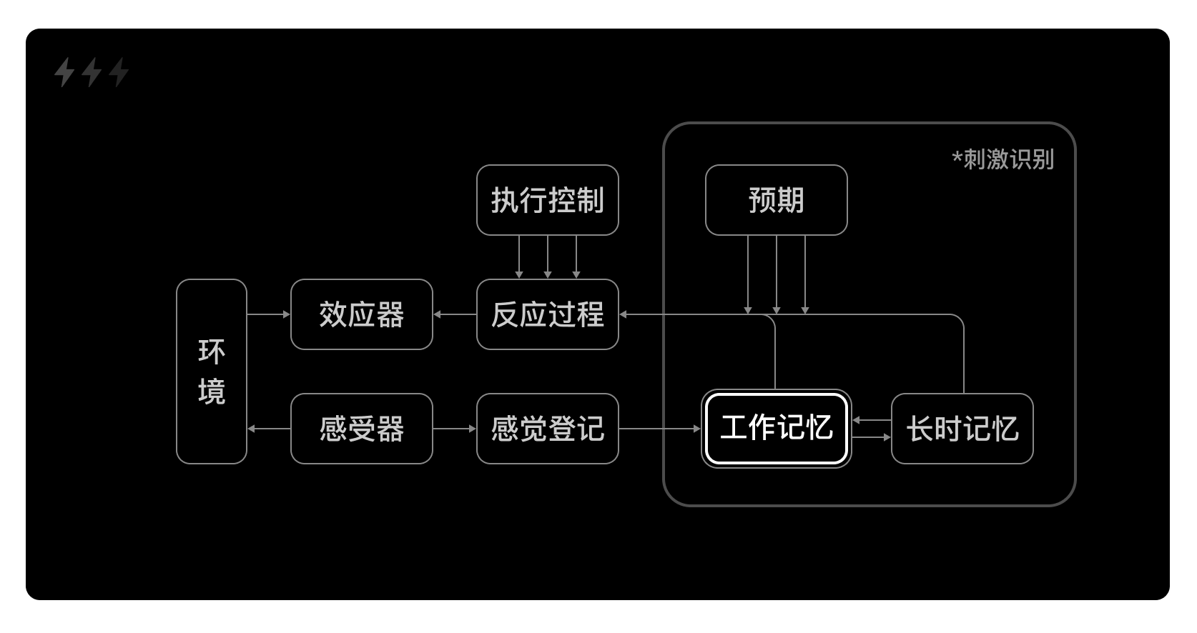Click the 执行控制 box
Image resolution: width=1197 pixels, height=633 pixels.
click(x=547, y=200)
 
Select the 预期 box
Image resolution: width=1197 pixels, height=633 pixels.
click(x=776, y=200)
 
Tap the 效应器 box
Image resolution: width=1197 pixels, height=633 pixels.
click(x=361, y=314)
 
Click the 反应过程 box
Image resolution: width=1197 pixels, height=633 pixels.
click(x=547, y=314)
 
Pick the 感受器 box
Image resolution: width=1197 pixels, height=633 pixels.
click(x=361, y=429)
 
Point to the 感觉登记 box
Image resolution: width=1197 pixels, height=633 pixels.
click(x=547, y=429)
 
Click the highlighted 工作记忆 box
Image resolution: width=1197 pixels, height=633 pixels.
click(x=776, y=429)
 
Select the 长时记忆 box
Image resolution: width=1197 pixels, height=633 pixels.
click(x=962, y=429)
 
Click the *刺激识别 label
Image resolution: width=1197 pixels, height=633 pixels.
click(x=1003, y=159)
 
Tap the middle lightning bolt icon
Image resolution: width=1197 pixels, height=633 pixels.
click(x=92, y=72)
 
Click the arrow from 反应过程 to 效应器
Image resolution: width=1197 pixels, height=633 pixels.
click(x=455, y=314)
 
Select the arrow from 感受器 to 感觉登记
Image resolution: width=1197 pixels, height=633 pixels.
click(x=455, y=429)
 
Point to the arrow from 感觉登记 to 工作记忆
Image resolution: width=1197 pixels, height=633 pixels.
click(x=659, y=429)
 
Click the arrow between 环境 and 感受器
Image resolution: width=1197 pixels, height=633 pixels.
click(x=269, y=429)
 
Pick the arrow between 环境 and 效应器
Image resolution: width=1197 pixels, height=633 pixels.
click(x=269, y=314)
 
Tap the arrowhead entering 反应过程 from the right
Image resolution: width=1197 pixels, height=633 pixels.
click(x=624, y=314)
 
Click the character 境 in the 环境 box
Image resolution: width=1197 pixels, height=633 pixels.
click(x=212, y=392)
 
